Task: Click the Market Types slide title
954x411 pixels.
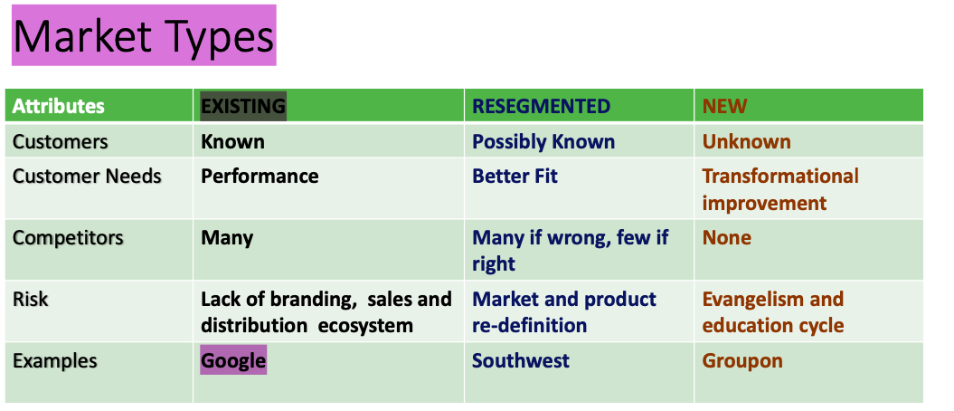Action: pos(143,37)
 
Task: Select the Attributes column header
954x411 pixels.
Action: pos(59,106)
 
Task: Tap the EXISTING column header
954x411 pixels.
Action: pos(242,106)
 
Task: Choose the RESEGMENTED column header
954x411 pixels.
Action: pos(541,106)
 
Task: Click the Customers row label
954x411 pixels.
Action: pos(60,142)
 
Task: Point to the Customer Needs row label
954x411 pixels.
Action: pos(87,177)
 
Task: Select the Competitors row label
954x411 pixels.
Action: pos(68,238)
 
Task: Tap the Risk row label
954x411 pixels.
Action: pos(30,300)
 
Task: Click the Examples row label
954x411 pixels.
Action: pos(54,361)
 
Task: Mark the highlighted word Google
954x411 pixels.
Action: pos(233,360)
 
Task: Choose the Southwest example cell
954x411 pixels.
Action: pos(520,360)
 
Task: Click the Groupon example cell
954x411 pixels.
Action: pos(742,360)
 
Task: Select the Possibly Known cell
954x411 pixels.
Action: pos(543,142)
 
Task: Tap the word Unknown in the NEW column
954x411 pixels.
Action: pos(746,142)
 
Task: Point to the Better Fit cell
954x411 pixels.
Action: pos(515,177)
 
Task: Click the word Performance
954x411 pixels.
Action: pos(260,177)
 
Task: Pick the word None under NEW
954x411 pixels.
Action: pos(726,238)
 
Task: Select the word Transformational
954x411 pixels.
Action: pos(780,177)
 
